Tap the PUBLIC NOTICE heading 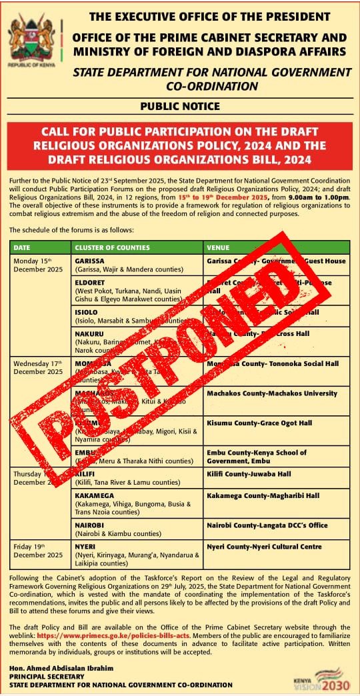point(179,106)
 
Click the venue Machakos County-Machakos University point(272,393)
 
